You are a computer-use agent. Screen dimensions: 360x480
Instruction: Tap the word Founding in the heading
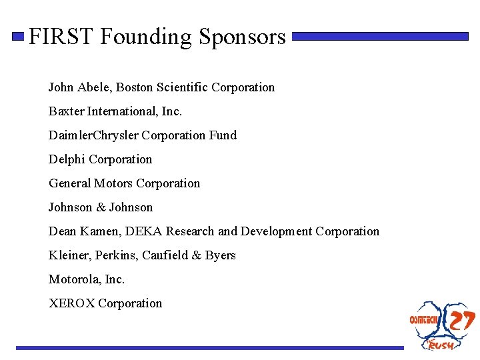[x=146, y=37]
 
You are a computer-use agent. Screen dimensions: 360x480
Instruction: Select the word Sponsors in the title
[x=242, y=37]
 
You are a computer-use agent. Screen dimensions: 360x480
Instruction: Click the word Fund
[x=223, y=135]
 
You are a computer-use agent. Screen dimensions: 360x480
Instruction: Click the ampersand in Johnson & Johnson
[x=101, y=207]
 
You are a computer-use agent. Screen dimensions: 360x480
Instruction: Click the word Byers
[x=220, y=255]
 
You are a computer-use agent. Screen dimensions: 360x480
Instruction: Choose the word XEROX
[x=71, y=303]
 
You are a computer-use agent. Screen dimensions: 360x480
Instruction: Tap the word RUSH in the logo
[x=441, y=345]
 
